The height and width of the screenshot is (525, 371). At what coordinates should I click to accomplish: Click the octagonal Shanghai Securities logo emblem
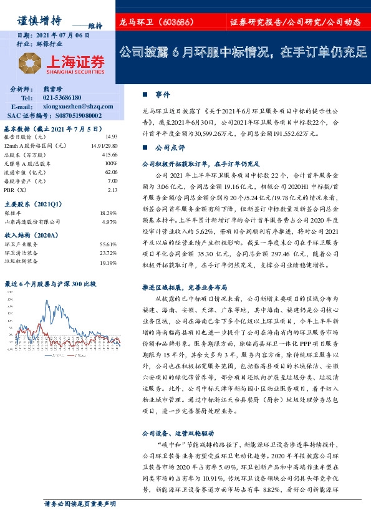pyautogui.click(x=30, y=62)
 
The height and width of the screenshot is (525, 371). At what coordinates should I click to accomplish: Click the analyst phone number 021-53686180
pyautogui.click(x=62, y=98)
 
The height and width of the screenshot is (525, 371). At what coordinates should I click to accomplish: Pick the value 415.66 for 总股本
pyautogui.click(x=110, y=154)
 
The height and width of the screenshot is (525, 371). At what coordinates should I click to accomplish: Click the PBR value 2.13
pyautogui.click(x=112, y=190)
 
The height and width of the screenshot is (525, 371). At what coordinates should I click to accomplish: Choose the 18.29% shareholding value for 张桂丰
pyautogui.click(x=108, y=213)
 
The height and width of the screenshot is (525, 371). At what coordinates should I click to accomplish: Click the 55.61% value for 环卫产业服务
pyautogui.click(x=108, y=244)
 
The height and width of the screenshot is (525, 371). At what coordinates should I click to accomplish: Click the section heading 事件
pyautogui.click(x=163, y=95)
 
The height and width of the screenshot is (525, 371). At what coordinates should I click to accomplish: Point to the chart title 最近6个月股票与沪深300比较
pyautogui.click(x=51, y=284)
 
